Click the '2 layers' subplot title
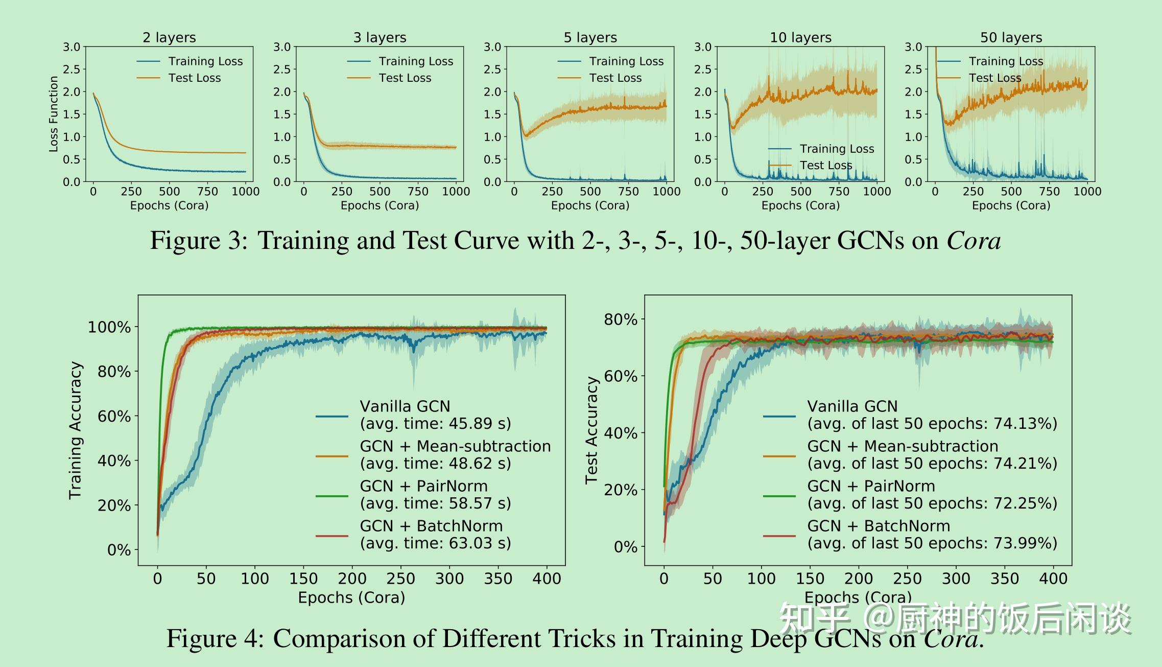(x=169, y=37)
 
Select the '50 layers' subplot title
(x=1011, y=37)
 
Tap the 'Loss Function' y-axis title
(x=54, y=114)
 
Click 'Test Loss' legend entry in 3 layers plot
(x=405, y=78)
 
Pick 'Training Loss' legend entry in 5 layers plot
(x=626, y=61)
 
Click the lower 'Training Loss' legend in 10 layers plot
(x=837, y=149)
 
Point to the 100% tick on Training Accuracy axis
(x=109, y=327)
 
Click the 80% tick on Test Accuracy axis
(x=621, y=319)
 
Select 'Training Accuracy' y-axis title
(x=76, y=430)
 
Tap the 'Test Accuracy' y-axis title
(x=591, y=430)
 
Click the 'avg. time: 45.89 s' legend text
(x=435, y=424)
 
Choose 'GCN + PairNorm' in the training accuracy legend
(x=423, y=486)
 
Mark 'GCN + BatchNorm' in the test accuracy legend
(x=879, y=526)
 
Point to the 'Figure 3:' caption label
(x=199, y=240)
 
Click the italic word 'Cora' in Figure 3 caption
(x=974, y=240)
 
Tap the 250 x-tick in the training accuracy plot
(x=400, y=579)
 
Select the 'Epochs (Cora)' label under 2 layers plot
(x=169, y=205)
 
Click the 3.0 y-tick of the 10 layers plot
(x=703, y=47)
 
